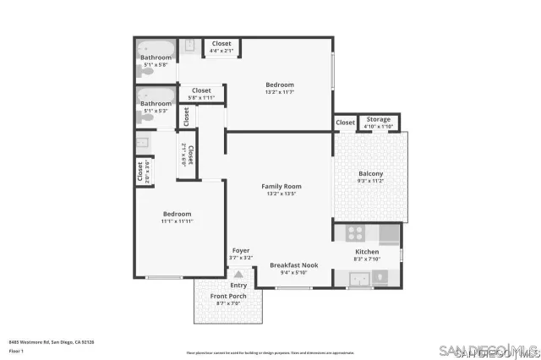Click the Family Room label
pos(281,186)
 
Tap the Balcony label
pos(370,173)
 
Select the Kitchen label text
pos(367,252)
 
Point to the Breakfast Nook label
pos(292,265)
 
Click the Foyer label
pos(241,251)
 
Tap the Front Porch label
pos(228,297)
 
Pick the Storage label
pos(379,119)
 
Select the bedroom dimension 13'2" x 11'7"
pos(280,92)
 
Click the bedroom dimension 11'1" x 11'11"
pos(178,221)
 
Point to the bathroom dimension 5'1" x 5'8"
pos(156,64)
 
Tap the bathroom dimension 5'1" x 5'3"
pos(156,111)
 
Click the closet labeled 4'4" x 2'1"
pos(221,51)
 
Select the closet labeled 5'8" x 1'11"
pos(201,97)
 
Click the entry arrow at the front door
pos(238,274)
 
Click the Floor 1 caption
pos(16,350)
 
